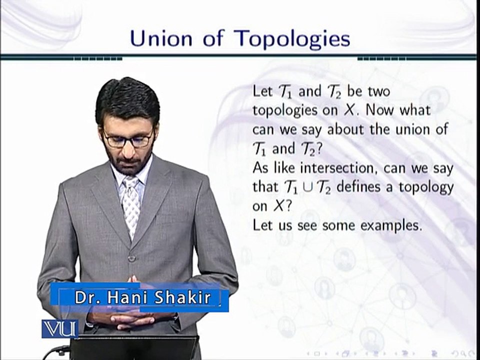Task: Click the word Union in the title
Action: coord(162,39)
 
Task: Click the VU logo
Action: coord(59,328)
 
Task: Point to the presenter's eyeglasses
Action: coord(128,139)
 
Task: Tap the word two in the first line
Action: coord(377,91)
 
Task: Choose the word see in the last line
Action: coord(305,225)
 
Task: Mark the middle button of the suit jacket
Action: coord(131,258)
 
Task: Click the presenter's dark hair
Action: coord(127,97)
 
